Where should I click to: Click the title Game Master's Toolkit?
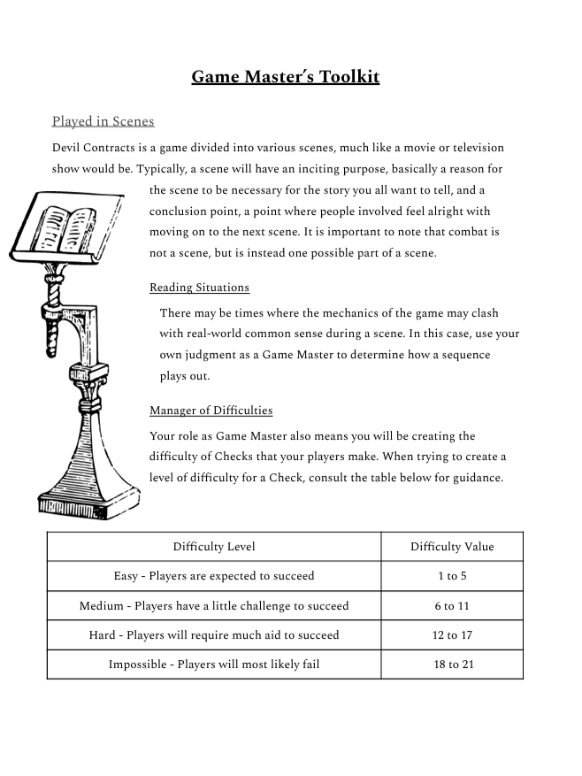click(285, 77)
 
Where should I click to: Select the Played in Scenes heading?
click(103, 121)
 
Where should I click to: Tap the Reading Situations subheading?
click(199, 288)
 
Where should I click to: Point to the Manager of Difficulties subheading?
click(211, 411)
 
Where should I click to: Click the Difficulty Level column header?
click(214, 547)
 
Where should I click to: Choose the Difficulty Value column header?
click(452, 547)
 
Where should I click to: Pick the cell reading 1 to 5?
click(452, 576)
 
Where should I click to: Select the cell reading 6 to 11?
click(452, 606)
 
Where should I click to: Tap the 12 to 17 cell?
click(452, 635)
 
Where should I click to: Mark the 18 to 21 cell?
click(452, 665)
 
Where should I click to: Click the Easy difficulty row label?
click(214, 576)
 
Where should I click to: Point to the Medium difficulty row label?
click(214, 606)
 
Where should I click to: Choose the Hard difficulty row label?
click(214, 635)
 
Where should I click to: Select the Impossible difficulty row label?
click(214, 665)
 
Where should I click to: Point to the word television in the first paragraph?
click(472, 147)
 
